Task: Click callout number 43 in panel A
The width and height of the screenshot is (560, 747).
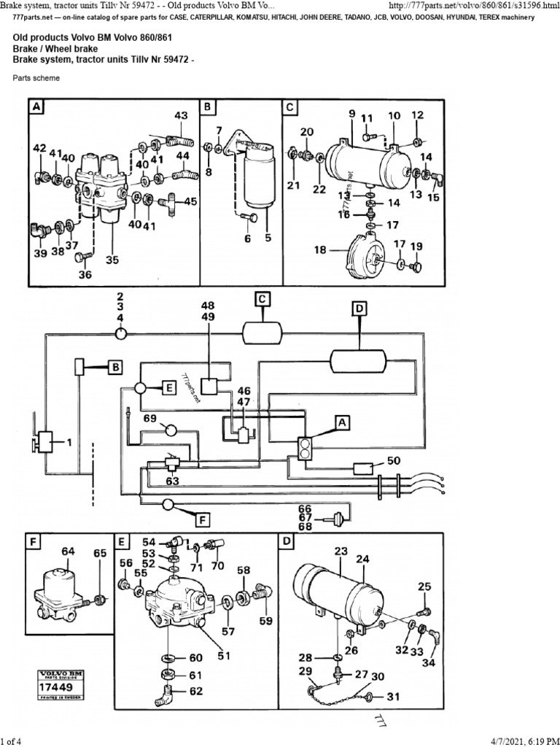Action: (181, 115)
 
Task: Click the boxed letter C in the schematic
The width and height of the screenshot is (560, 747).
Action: (262, 298)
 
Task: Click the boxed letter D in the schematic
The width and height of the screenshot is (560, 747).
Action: (359, 310)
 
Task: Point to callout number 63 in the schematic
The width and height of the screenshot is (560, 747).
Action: (171, 481)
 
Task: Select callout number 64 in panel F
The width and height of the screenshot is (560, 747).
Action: (68, 551)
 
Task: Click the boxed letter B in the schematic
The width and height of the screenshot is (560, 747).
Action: (115, 367)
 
